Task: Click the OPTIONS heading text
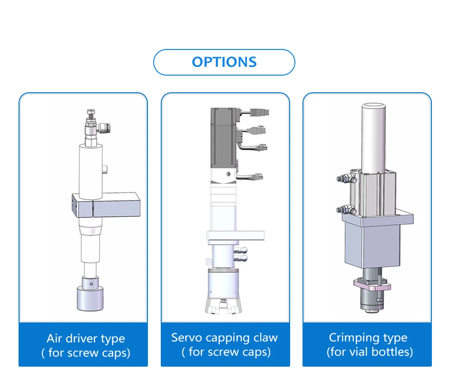pyautogui.click(x=224, y=62)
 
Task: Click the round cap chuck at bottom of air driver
pyautogui.click(x=90, y=299)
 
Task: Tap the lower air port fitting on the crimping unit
pyautogui.click(x=342, y=209)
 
